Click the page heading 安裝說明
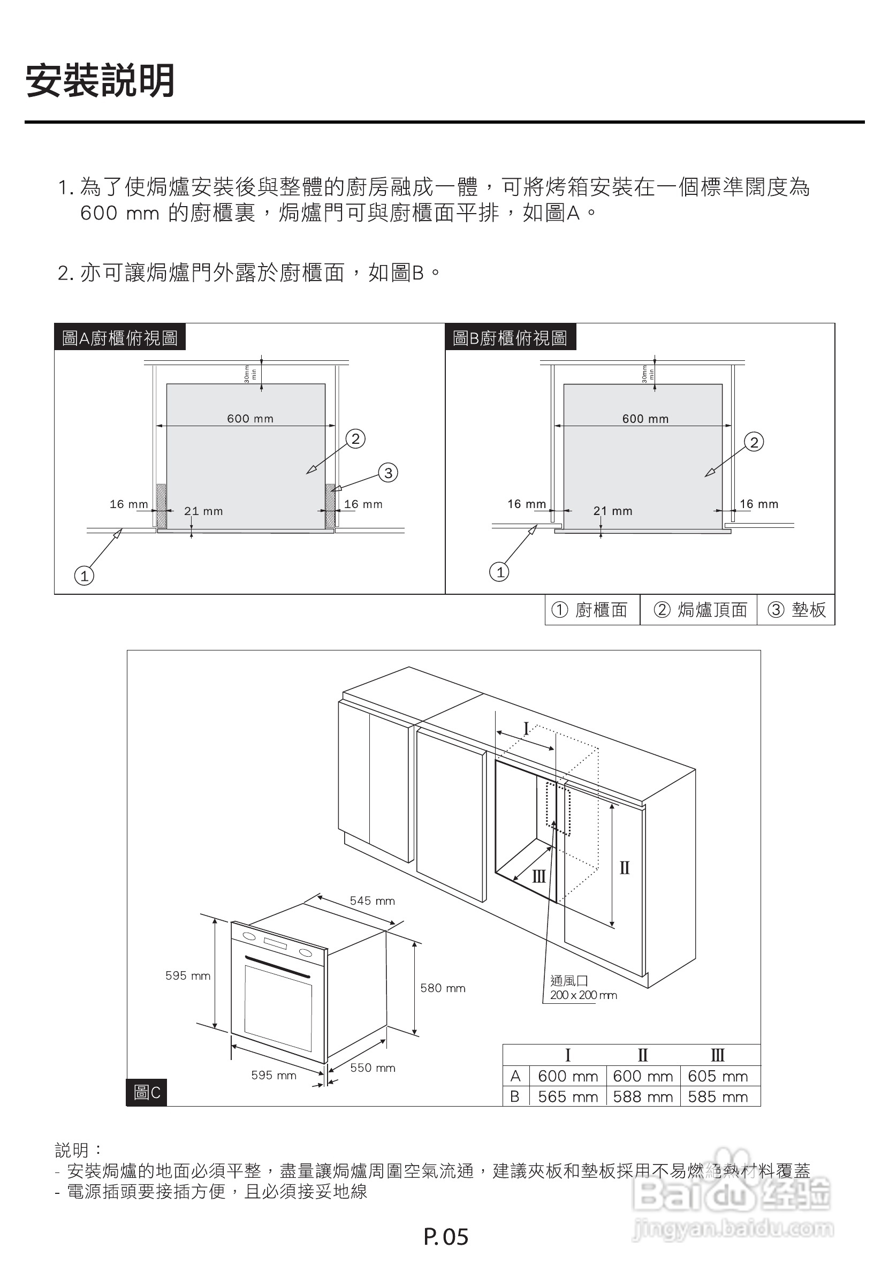click(x=100, y=81)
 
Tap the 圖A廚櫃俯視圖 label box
click(x=120, y=338)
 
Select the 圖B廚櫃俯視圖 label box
click(x=510, y=338)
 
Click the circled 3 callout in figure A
click(x=388, y=473)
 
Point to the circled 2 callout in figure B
click(x=754, y=442)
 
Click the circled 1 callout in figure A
click(x=84, y=576)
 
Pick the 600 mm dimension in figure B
click(x=645, y=419)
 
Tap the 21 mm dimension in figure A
click(x=203, y=511)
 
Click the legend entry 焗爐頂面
click(x=701, y=610)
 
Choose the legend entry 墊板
click(x=797, y=610)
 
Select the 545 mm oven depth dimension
click(x=372, y=900)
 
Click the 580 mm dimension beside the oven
click(x=443, y=988)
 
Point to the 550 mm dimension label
click(x=373, y=1068)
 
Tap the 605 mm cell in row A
click(x=717, y=1076)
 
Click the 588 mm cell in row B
click(x=643, y=1096)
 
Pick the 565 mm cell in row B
click(x=568, y=1096)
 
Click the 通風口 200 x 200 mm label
click(x=583, y=988)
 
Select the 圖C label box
click(x=147, y=1093)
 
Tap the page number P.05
click(x=446, y=1237)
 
